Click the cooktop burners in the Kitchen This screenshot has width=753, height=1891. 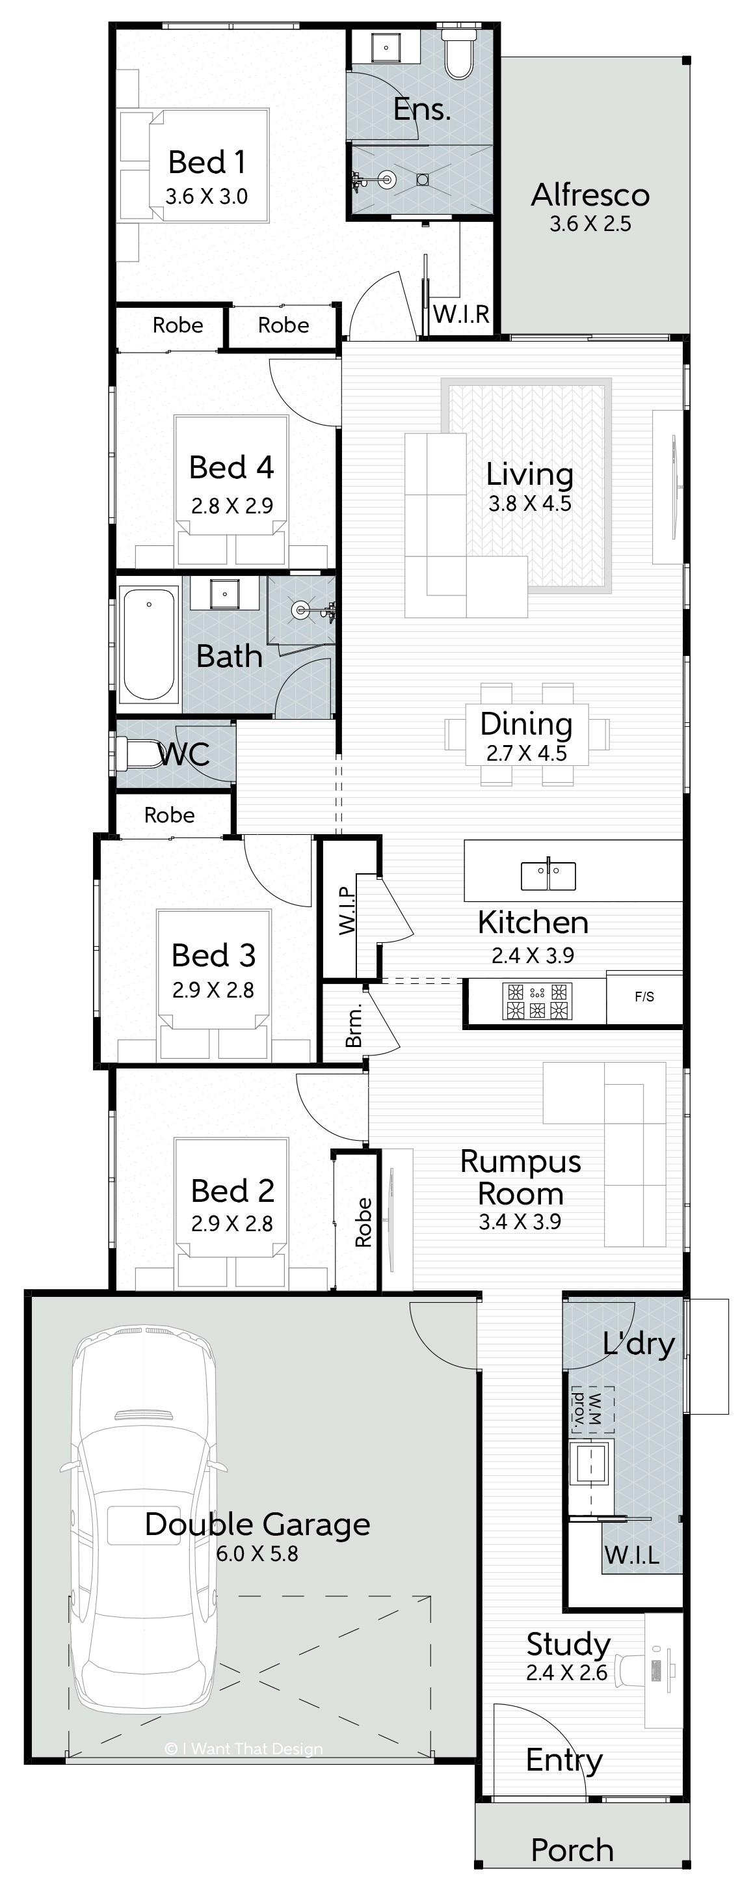pyautogui.click(x=537, y=1001)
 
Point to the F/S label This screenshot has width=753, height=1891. pyautogui.click(x=644, y=996)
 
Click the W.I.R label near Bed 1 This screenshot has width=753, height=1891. pyautogui.click(x=461, y=315)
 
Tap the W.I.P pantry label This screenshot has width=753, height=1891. pyautogui.click(x=347, y=911)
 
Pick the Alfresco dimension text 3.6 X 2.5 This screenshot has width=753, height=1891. pyautogui.click(x=590, y=223)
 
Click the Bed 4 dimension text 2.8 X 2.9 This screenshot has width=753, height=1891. pyautogui.click(x=232, y=505)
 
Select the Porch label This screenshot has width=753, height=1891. pyautogui.click(x=572, y=1850)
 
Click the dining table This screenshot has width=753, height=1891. pyautogui.click(x=527, y=735)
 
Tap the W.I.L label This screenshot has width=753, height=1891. pyautogui.click(x=631, y=1554)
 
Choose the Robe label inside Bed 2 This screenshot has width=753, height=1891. pyautogui.click(x=363, y=1222)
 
